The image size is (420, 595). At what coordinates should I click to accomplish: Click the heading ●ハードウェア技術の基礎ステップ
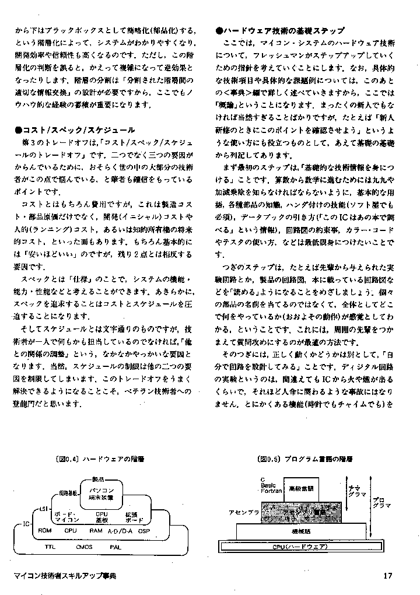click(x=279, y=30)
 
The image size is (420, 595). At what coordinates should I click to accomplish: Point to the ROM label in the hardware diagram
click(x=45, y=531)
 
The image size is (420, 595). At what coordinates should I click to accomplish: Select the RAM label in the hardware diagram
click(x=96, y=531)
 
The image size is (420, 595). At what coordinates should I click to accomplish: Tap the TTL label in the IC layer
click(x=50, y=547)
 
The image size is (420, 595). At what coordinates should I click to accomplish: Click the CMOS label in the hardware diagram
click(x=84, y=547)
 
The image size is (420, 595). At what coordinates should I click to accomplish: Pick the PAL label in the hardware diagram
click(x=116, y=547)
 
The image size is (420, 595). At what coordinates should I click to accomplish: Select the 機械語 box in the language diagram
click(x=301, y=531)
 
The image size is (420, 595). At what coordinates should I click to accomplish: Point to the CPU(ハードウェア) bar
click(x=300, y=547)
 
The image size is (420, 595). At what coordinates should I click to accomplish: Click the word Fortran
click(x=271, y=491)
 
